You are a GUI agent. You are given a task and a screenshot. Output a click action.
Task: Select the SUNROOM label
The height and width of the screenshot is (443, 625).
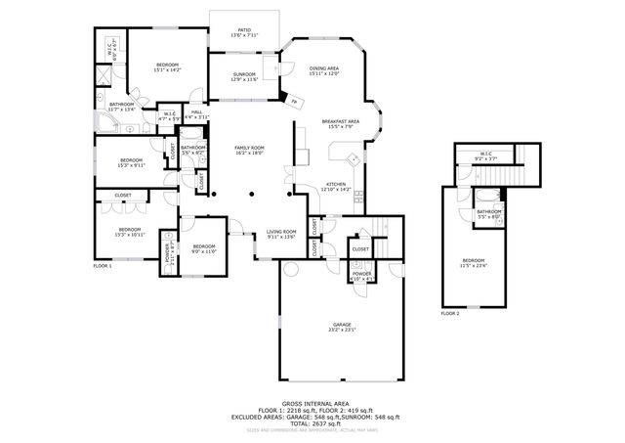click(x=244, y=75)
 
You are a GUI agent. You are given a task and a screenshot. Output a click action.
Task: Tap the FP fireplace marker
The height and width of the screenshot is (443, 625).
click(x=294, y=101)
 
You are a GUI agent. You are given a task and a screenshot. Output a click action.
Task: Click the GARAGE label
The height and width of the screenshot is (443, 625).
click(x=341, y=326)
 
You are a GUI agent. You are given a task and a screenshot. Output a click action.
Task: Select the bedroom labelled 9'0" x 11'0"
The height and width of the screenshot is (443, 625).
click(x=203, y=247)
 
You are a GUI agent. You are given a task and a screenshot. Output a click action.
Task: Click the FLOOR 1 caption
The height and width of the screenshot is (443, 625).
click(x=103, y=266)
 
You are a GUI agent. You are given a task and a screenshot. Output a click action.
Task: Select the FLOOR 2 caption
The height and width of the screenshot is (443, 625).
click(x=450, y=313)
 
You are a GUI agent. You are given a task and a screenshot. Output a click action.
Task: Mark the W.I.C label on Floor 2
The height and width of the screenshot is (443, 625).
click(x=484, y=155)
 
